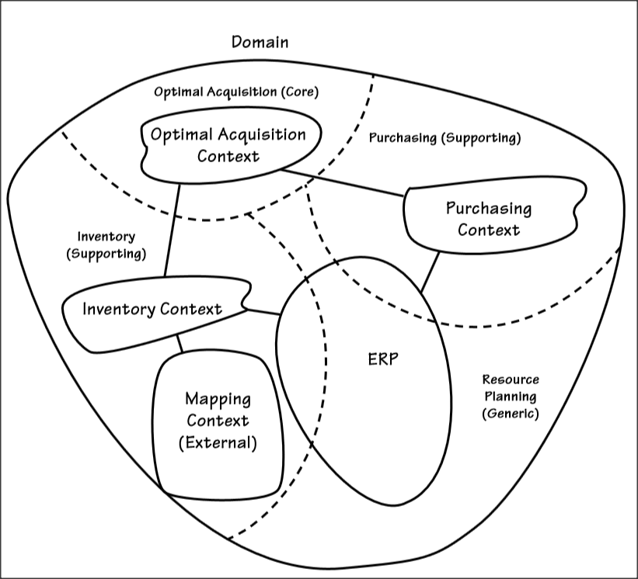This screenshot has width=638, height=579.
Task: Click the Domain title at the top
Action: [260, 42]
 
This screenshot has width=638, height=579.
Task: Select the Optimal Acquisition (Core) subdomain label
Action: [236, 92]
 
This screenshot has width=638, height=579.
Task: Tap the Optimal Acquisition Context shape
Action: [228, 145]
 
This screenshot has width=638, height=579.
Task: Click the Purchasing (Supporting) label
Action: [444, 138]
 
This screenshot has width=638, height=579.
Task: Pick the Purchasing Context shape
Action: [488, 219]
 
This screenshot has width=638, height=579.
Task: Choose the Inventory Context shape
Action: [152, 309]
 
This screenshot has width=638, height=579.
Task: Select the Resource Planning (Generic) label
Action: [510, 397]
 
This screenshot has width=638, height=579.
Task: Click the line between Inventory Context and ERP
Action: [263, 312]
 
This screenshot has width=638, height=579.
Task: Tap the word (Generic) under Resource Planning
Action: [510, 414]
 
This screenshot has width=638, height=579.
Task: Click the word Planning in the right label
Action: [510, 397]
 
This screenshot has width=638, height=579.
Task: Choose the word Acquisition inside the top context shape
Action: [261, 134]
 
